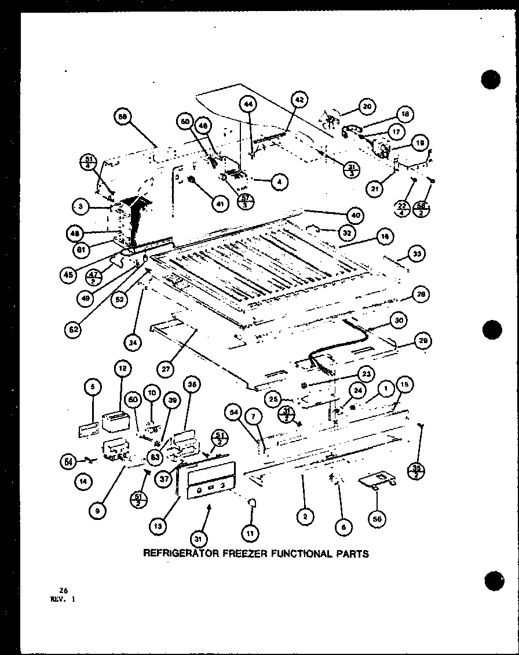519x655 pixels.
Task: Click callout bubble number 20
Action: (366, 106)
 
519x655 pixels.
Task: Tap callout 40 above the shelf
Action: (356, 215)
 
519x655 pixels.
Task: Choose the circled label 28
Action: (421, 295)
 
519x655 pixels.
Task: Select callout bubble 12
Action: (122, 367)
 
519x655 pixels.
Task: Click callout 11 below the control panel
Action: (251, 532)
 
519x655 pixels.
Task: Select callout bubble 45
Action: (68, 274)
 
